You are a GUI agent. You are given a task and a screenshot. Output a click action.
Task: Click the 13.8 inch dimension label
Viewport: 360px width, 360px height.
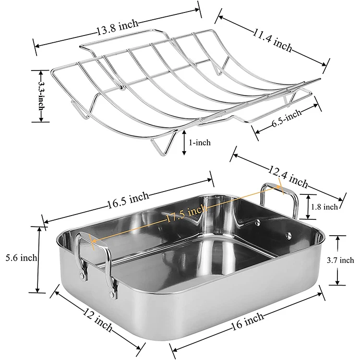118,27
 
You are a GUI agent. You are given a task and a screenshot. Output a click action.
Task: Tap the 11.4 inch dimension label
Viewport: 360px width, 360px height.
273,40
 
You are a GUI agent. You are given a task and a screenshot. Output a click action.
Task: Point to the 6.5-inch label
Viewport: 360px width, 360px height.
287,118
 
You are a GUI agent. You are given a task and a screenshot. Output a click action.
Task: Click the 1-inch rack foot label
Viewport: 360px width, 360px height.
200,143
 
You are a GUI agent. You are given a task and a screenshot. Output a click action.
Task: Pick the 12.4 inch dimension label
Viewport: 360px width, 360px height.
288,177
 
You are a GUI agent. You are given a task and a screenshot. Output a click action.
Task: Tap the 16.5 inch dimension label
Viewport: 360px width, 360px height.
128,200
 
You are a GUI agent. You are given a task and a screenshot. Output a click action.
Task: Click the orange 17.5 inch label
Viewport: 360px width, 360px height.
186,215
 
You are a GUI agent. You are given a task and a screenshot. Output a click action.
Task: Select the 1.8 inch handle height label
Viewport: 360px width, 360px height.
324,207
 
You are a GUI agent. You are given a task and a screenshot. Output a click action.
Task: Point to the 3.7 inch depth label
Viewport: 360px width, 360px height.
340,260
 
